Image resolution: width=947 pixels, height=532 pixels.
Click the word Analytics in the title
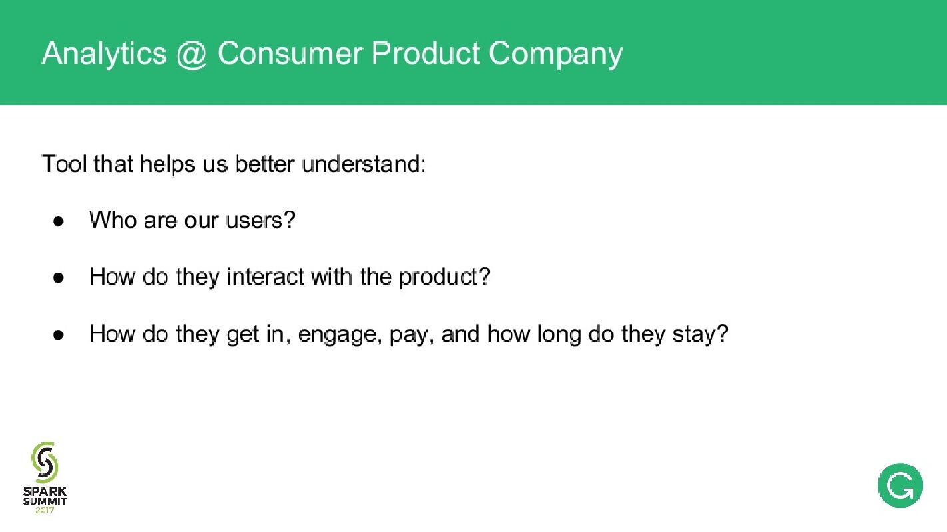[105, 54]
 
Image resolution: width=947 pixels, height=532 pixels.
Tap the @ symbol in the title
[192, 55]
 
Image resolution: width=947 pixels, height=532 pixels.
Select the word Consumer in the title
[290, 53]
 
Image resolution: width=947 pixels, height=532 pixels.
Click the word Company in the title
[555, 55]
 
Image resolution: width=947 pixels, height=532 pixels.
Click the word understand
[363, 164]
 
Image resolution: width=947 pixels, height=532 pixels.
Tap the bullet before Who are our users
[59, 221]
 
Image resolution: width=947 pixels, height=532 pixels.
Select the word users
[260, 220]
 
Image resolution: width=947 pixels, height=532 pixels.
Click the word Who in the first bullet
[113, 220]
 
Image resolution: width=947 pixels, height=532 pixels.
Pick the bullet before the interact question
[59, 277]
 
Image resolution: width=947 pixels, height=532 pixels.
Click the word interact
[266, 277]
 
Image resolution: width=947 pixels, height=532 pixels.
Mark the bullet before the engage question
[59, 334]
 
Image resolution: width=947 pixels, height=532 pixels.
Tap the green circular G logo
[900, 485]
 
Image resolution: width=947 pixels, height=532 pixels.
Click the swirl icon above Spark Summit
[45, 462]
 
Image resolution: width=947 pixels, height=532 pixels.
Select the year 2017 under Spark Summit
[45, 511]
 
